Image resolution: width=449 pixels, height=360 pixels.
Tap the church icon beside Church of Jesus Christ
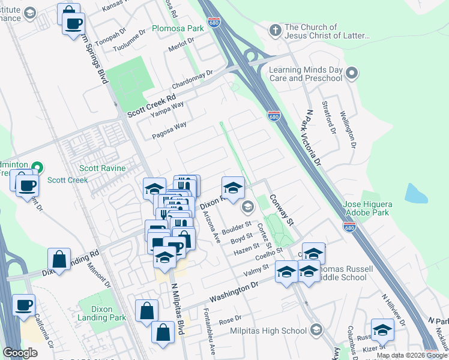[275, 29]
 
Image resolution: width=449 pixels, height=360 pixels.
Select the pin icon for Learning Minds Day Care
[352, 74]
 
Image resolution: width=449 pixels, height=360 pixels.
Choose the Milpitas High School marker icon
[316, 331]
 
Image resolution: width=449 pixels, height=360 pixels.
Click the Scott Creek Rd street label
[151, 106]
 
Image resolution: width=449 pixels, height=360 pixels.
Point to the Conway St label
[281, 209]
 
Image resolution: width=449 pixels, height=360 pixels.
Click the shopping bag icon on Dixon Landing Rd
[59, 260]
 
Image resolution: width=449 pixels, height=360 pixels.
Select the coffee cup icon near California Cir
[23, 305]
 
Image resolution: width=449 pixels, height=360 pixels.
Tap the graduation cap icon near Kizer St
[382, 330]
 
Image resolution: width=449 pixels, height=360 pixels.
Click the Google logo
[20, 353]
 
